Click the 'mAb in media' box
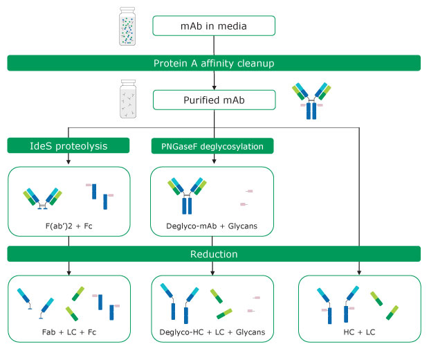click(213, 27)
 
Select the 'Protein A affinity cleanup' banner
click(214, 64)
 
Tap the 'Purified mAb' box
click(213, 100)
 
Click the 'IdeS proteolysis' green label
click(69, 145)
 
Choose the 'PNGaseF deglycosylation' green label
click(213, 145)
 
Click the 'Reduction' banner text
click(214, 254)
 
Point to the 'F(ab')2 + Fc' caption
click(68, 225)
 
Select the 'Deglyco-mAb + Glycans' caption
click(213, 225)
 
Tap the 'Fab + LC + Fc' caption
click(68, 332)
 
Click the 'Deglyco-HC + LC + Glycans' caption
click(213, 332)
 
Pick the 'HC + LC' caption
click(358, 332)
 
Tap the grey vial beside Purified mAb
click(129, 100)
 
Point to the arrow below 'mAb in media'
click(214, 45)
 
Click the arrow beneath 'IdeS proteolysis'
click(69, 159)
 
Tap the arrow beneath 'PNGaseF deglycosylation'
click(213, 159)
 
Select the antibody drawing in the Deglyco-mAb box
click(186, 193)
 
